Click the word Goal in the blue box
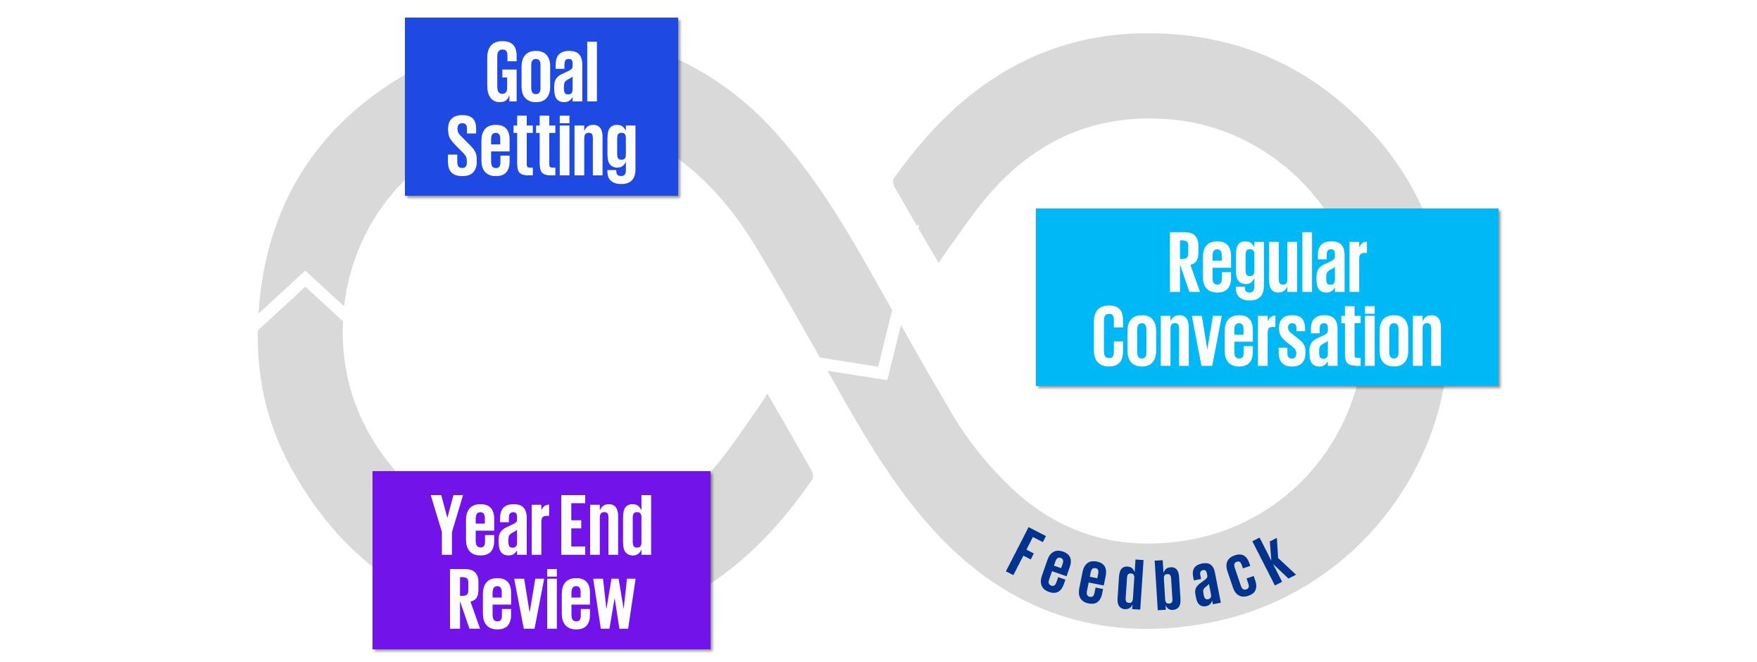542,72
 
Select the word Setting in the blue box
542,146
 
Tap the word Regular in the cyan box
1267,264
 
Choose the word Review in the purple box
542,600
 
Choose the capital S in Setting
463,146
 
